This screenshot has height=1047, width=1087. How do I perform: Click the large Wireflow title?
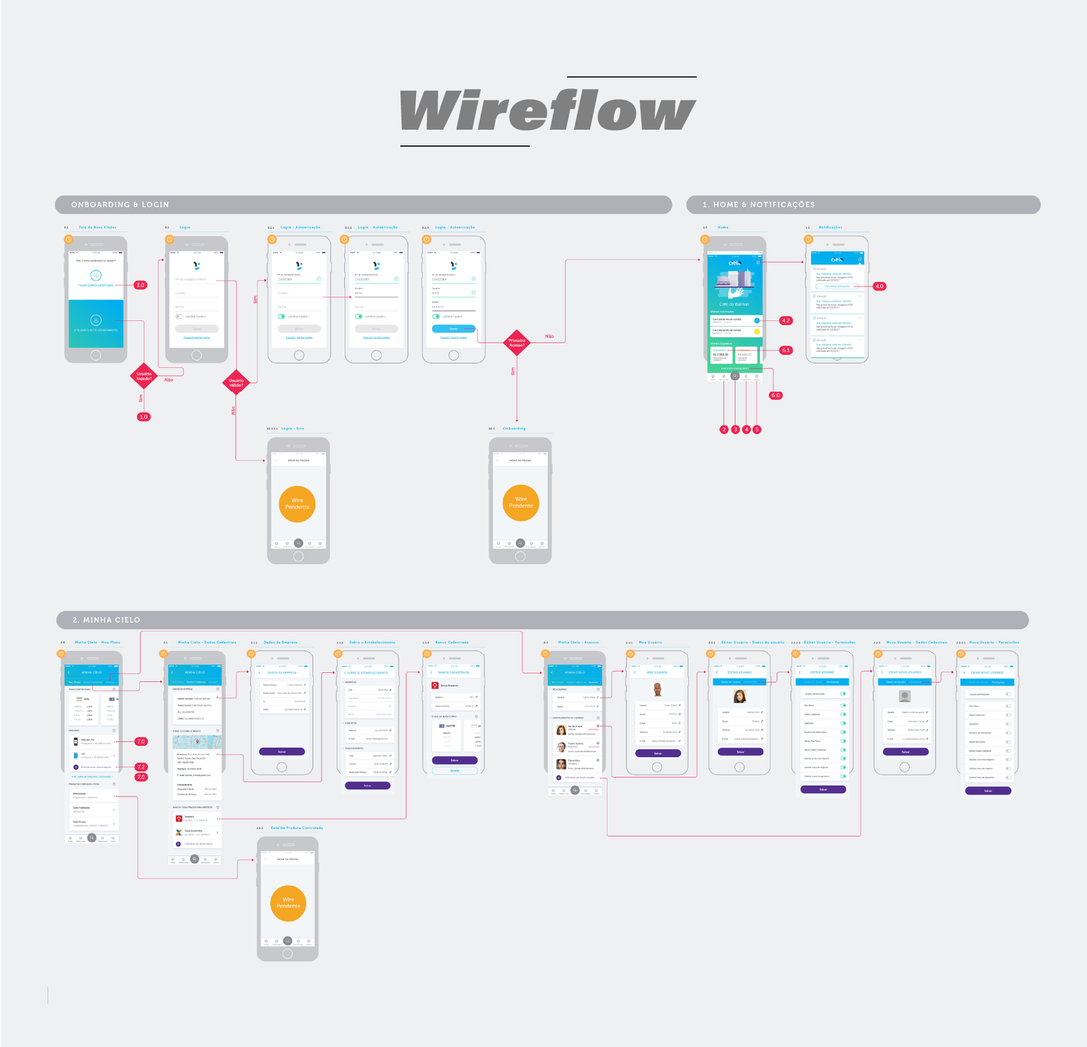click(548, 111)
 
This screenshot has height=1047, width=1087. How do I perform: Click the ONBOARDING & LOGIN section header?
click(120, 204)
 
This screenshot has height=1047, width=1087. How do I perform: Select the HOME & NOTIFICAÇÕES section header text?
click(758, 204)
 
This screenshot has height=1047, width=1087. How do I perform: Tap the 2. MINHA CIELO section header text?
click(107, 620)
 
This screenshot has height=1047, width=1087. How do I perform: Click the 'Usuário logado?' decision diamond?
click(144, 375)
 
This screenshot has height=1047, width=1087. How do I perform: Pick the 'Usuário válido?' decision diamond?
click(236, 382)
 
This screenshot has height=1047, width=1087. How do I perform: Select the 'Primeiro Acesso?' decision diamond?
click(517, 343)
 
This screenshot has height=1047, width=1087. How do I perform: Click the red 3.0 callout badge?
click(140, 285)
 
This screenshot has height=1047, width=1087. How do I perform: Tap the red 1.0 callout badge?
click(143, 417)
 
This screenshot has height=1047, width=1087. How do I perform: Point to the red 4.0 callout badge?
click(879, 287)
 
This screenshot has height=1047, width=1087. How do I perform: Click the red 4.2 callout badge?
click(786, 320)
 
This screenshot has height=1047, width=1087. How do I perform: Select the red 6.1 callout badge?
click(786, 350)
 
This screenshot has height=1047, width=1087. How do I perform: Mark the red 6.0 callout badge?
click(775, 395)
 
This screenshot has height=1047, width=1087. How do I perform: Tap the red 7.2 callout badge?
click(141, 767)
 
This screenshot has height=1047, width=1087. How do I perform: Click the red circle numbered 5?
click(757, 430)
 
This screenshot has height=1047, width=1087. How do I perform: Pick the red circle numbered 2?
click(724, 430)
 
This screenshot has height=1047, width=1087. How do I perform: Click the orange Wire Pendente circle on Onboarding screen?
click(521, 502)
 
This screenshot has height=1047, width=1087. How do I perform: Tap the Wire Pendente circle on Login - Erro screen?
click(298, 504)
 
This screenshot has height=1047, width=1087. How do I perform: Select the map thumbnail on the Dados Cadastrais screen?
click(196, 741)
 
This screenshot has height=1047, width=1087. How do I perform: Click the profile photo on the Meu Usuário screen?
click(657, 690)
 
